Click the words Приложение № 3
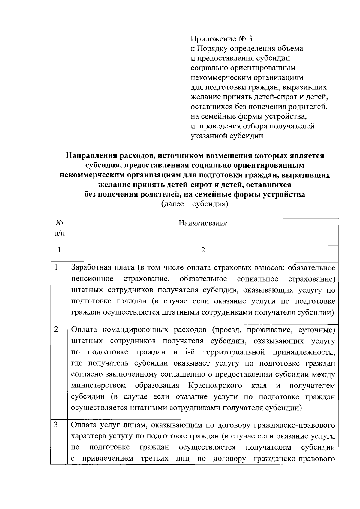pyautogui.click(x=222, y=39)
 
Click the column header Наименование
pyautogui.click(x=203, y=223)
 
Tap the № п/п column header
pyautogui.click(x=59, y=228)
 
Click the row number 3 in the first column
pyautogui.click(x=56, y=425)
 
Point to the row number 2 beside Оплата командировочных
pyautogui.click(x=56, y=329)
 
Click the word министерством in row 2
pyautogui.click(x=99, y=385)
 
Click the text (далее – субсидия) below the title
pyautogui.click(x=195, y=204)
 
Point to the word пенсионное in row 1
pyautogui.click(x=92, y=279)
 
